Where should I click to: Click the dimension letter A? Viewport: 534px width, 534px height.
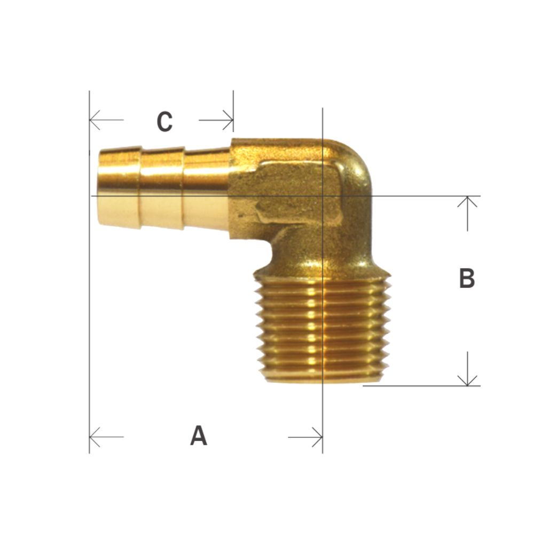click(x=198, y=436)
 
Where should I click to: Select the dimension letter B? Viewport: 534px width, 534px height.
click(x=467, y=278)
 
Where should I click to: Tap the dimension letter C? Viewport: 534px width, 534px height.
click(x=164, y=122)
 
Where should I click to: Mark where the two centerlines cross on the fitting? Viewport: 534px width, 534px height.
click(x=323, y=196)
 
